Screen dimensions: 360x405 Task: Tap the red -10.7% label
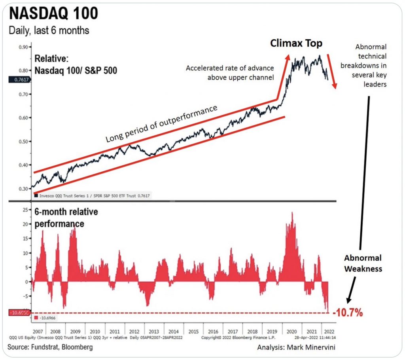[348, 313]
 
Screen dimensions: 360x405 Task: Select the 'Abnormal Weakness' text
[363, 263]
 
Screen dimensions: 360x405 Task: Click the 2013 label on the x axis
[154, 332]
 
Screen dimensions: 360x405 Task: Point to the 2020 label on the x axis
[292, 332]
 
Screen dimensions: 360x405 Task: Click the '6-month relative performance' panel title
[67, 218]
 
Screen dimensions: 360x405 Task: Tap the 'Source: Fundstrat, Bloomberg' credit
[50, 347]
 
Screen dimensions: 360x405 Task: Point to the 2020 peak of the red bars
[292, 214]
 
